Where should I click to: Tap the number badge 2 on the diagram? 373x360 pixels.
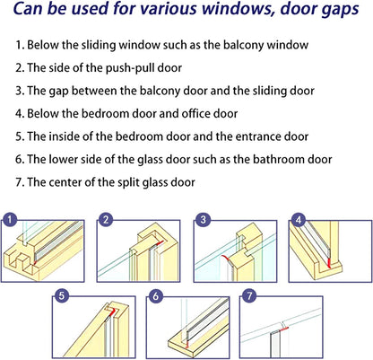[106, 218]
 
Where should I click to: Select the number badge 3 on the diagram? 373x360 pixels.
[204, 218]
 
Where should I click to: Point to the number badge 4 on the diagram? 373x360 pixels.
[297, 218]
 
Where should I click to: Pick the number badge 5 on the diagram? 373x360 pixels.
[61, 294]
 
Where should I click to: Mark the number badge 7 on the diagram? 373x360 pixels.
[249, 294]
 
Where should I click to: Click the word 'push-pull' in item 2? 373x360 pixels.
[108, 67]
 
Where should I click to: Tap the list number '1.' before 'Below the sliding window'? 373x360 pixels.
[20, 45]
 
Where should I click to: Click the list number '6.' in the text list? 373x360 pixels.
[20, 159]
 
